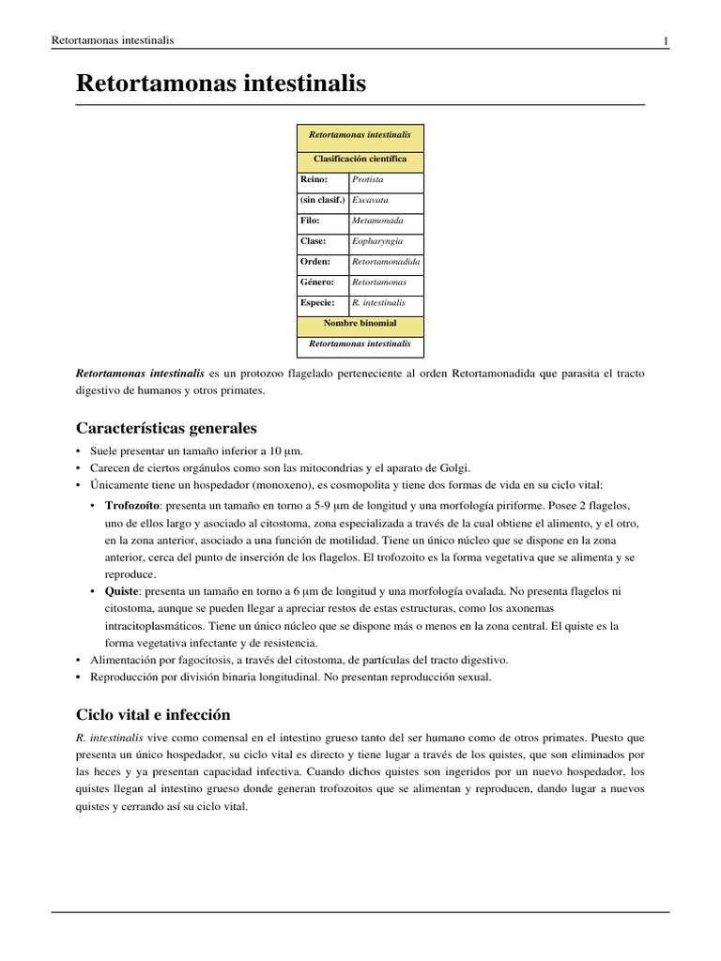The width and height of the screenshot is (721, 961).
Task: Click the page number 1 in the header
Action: pyautogui.click(x=666, y=41)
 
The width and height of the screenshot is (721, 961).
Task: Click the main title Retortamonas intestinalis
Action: pyautogui.click(x=221, y=85)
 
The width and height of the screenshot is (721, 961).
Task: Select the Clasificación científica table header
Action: pyautogui.click(x=360, y=160)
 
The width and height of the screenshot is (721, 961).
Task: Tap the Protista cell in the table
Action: pyautogui.click(x=368, y=179)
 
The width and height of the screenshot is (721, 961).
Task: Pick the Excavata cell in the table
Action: pyautogui.click(x=370, y=200)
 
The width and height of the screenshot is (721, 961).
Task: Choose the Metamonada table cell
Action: pyautogui.click(x=377, y=221)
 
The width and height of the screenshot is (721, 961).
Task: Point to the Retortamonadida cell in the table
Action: pyautogui.click(x=386, y=262)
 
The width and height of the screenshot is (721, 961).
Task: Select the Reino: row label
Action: pyautogui.click(x=314, y=179)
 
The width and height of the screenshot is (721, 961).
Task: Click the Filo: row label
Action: pyautogui.click(x=310, y=221)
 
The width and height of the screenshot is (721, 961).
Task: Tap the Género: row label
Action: pyautogui.click(x=317, y=282)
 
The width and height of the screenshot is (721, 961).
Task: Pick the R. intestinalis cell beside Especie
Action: pyautogui.click(x=378, y=303)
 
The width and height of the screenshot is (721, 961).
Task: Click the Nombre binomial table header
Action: pyautogui.click(x=360, y=324)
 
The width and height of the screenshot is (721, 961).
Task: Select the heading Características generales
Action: pyautogui.click(x=166, y=428)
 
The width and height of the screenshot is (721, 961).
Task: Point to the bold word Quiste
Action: pyautogui.click(x=121, y=591)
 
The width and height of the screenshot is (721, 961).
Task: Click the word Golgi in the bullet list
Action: pyautogui.click(x=451, y=467)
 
